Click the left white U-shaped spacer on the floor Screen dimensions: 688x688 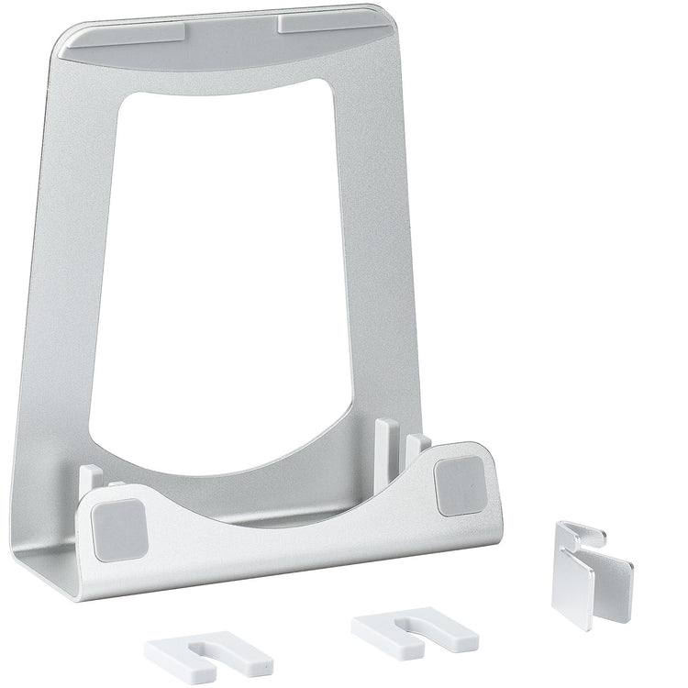click(207, 657)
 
